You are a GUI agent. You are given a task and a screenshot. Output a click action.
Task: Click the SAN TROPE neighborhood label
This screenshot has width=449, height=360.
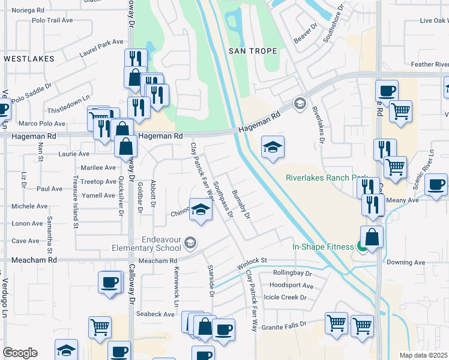point(253,51)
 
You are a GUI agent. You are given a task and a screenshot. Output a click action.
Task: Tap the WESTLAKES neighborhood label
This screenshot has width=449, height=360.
point(29,59)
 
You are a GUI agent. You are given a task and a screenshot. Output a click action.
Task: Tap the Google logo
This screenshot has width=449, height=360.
point(20,353)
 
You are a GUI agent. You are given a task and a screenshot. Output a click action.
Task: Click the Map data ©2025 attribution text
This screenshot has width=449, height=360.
point(423,355)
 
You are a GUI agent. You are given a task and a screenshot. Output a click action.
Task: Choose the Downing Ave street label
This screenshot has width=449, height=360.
point(406,262)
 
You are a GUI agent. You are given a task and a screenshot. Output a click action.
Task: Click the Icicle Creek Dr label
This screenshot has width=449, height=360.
point(286,297)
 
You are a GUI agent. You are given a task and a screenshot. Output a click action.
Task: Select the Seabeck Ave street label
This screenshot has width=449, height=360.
point(155,314)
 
